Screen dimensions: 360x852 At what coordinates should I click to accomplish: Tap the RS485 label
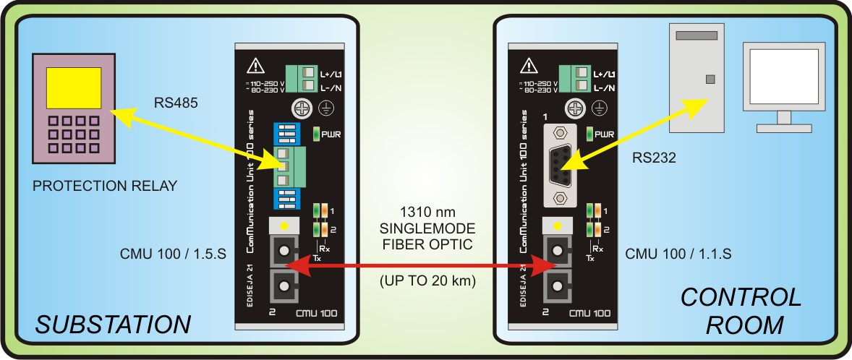[176, 103]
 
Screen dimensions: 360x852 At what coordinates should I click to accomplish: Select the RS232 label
[653, 158]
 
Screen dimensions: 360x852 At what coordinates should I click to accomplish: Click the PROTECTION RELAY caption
[105, 187]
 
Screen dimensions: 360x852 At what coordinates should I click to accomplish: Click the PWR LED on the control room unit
[589, 134]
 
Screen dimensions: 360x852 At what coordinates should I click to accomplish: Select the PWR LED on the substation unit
[317, 134]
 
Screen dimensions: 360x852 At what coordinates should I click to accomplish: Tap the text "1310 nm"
[427, 213]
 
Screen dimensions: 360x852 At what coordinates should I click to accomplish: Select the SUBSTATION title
[113, 325]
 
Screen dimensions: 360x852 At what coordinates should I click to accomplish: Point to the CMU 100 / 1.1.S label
[678, 254]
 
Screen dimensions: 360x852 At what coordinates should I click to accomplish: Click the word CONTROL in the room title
[741, 297]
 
